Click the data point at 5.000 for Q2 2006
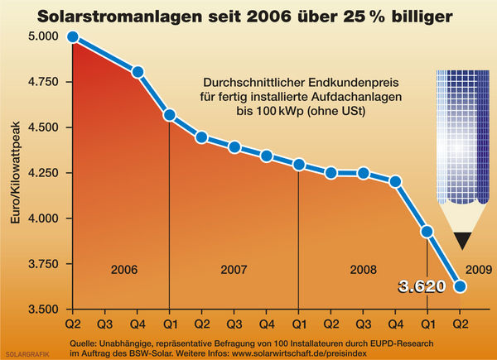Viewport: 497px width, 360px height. point(73,37)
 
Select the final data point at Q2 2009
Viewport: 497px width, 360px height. point(460,286)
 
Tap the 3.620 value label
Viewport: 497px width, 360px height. point(422,287)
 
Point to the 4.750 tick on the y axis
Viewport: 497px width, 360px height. point(33,82)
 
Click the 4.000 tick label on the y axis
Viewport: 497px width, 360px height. point(33,218)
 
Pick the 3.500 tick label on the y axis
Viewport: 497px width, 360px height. point(33,310)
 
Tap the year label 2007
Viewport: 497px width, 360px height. point(234,270)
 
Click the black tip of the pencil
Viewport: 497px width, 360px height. point(461,240)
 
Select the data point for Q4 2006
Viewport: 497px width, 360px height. point(138,72)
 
